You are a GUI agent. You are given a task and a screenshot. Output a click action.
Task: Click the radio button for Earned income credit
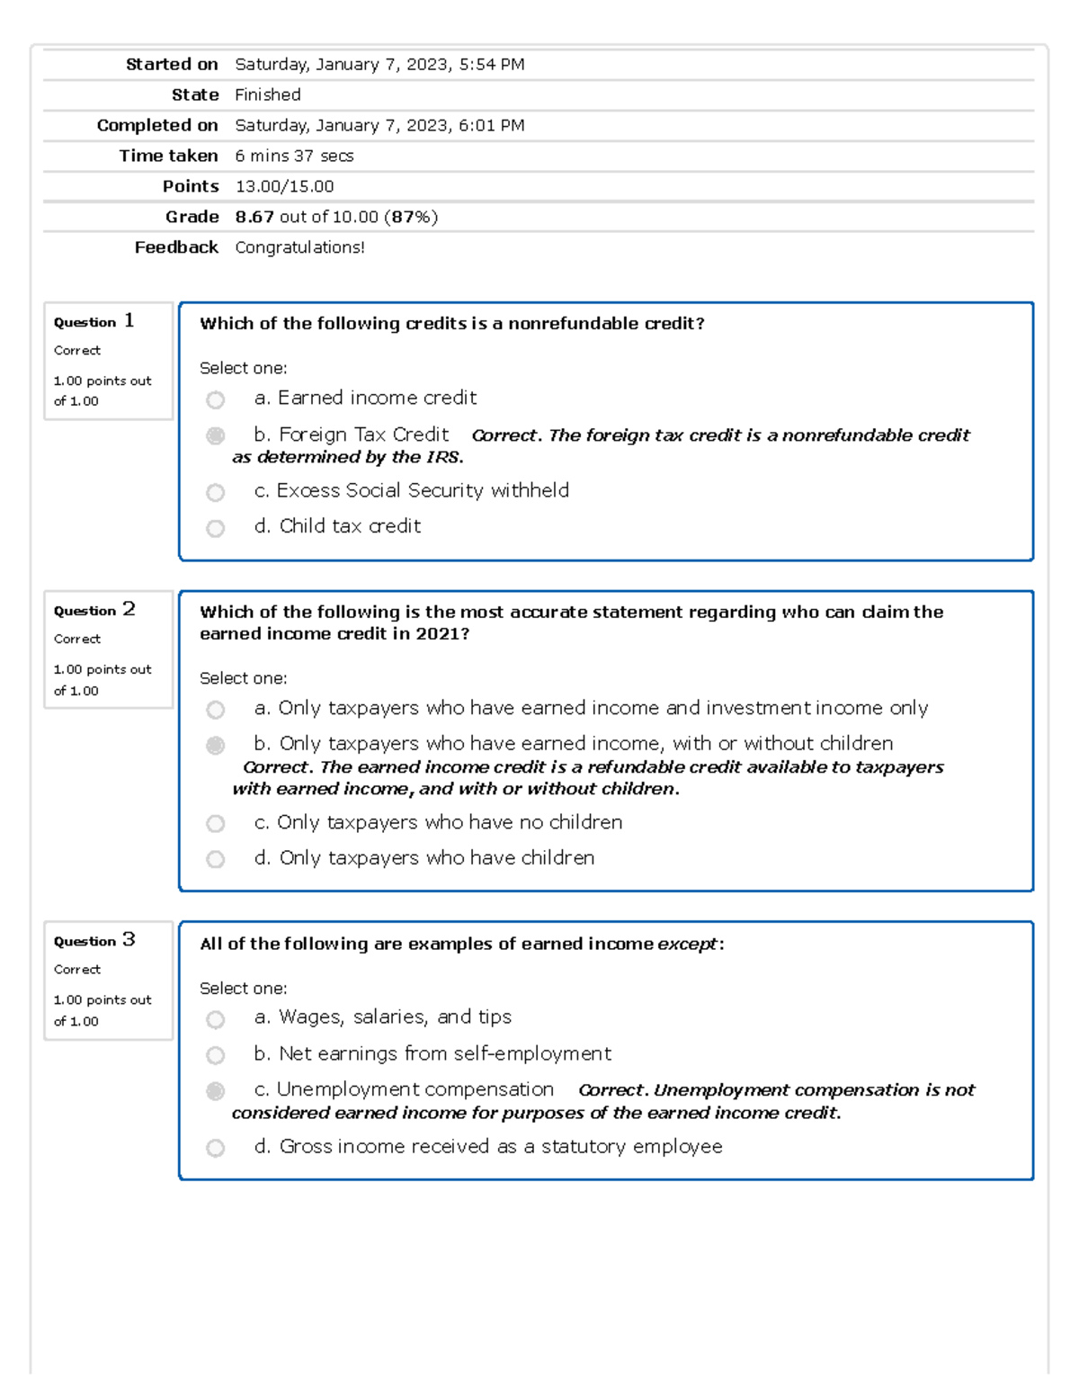pos(215,399)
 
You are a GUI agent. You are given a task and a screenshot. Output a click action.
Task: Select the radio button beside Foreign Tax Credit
pos(215,436)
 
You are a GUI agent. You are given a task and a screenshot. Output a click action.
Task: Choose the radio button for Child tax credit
pos(215,528)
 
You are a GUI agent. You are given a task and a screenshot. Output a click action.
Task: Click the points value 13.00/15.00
pos(284,186)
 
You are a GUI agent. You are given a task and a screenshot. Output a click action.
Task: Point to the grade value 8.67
pos(254,217)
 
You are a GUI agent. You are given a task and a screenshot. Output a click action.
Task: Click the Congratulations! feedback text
pos(299,247)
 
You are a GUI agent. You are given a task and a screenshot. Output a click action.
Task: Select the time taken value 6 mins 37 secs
pos(294,156)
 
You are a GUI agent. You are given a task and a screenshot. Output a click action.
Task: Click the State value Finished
pos(268,94)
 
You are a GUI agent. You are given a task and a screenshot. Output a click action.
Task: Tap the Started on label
pos(172,64)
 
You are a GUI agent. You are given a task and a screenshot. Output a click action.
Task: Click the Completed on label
pos(157,125)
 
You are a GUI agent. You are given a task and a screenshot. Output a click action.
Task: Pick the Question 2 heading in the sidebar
pos(94,610)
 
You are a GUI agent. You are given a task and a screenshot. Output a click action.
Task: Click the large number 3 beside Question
pos(129,939)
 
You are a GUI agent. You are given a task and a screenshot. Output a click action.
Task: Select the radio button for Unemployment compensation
pos(215,1091)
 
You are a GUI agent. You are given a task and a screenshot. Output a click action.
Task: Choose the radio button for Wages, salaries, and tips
pos(215,1019)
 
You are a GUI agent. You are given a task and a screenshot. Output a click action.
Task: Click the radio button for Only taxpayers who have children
pos(215,859)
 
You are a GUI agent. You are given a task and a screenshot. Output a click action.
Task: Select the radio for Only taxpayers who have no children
pos(215,823)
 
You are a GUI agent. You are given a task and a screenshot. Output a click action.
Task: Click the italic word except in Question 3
pos(687,944)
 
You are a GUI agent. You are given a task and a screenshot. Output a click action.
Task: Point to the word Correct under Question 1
pos(77,350)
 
